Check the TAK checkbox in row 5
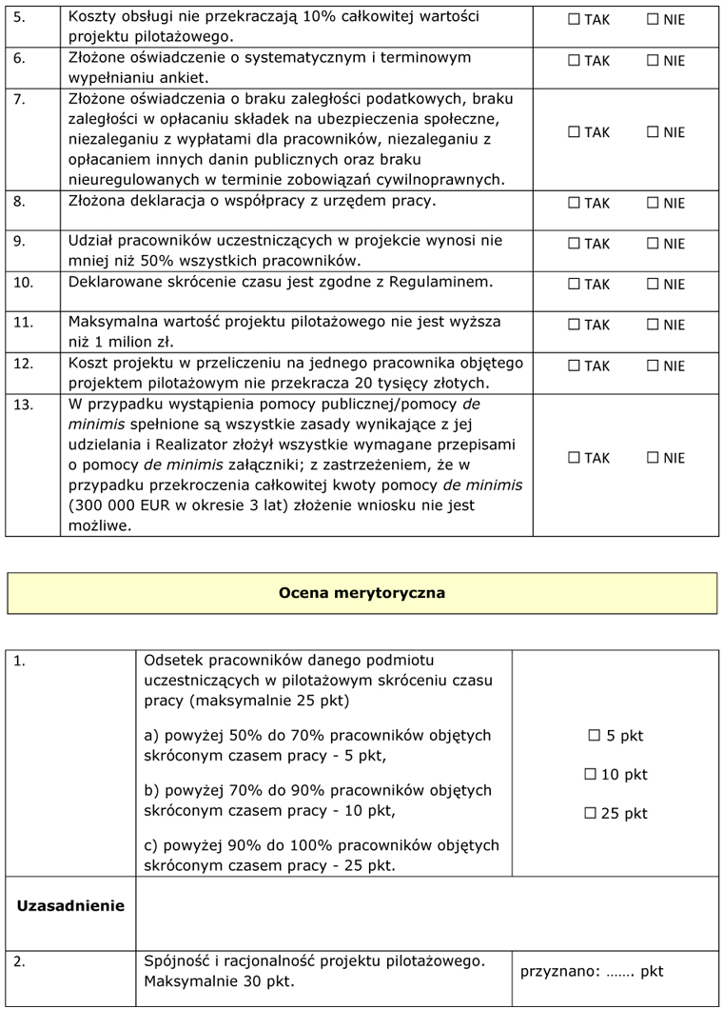[x=574, y=20]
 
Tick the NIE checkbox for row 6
[x=653, y=61]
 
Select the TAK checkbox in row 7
[x=574, y=132]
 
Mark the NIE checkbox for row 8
[x=653, y=203]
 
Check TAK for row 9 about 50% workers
[x=574, y=244]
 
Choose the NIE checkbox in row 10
[x=653, y=284]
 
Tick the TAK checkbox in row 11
[x=574, y=325]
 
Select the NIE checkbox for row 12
[x=653, y=366]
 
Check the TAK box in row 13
[x=574, y=458]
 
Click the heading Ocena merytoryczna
[x=361, y=593]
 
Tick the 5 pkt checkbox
[x=595, y=736]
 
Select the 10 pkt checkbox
[x=590, y=775]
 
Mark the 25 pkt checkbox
[x=590, y=814]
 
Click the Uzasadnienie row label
[x=70, y=906]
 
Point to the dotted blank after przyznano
[x=618, y=972]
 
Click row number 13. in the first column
[x=24, y=404]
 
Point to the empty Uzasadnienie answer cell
[x=428, y=912]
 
